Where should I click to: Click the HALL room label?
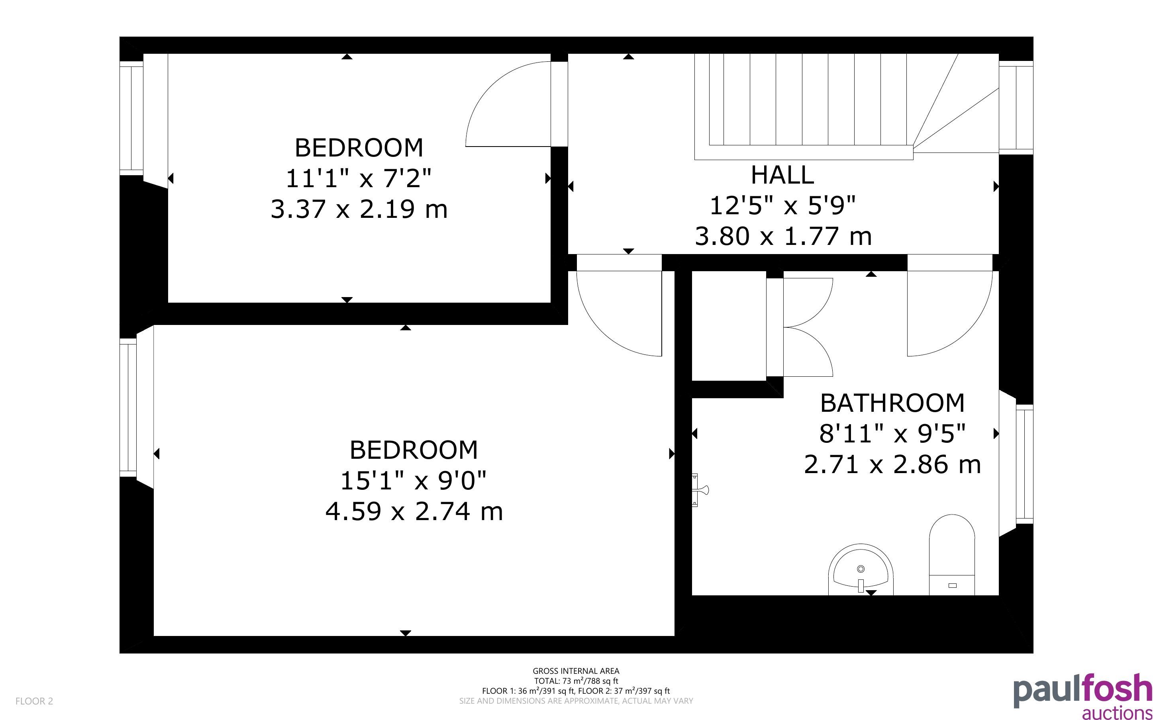(x=782, y=175)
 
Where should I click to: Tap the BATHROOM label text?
(x=892, y=403)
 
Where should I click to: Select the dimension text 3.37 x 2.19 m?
(x=359, y=209)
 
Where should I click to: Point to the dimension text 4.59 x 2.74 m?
(x=414, y=511)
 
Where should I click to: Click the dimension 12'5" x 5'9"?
(x=782, y=205)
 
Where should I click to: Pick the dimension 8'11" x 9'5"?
(x=892, y=433)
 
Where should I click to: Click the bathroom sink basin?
(x=861, y=569)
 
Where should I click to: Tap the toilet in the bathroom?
(x=951, y=555)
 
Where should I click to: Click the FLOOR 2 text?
(x=34, y=701)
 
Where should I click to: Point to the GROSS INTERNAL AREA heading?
(x=576, y=671)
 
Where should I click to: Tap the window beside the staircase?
(x=1016, y=107)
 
